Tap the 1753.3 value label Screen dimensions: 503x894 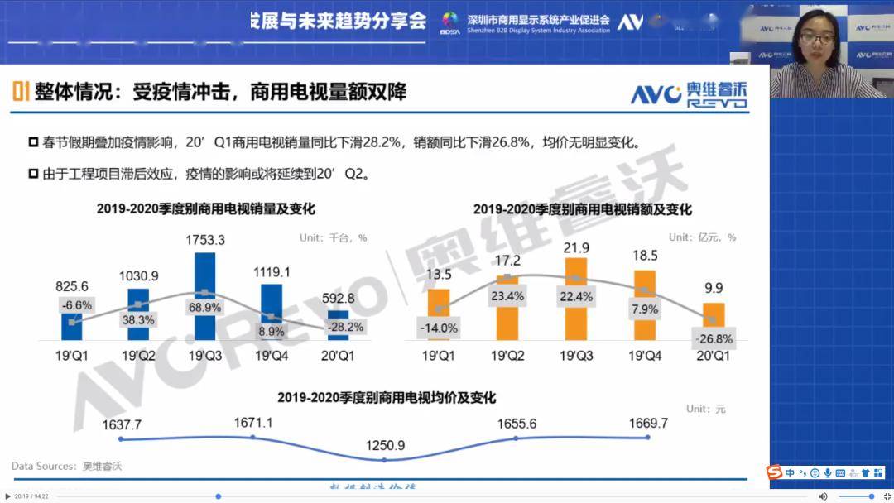coord(204,240)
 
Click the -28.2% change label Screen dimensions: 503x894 coord(344,327)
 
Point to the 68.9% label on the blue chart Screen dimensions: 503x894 coord(204,307)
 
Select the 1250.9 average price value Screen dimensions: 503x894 coord(385,445)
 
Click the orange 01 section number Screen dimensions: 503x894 coord(21,91)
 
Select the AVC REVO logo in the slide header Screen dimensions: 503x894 coord(689,95)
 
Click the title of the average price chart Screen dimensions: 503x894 coord(387,398)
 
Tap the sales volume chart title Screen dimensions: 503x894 coord(205,209)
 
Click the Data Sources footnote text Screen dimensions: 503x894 coord(66,466)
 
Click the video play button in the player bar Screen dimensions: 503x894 coord(8,496)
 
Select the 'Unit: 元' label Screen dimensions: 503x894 coord(705,409)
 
